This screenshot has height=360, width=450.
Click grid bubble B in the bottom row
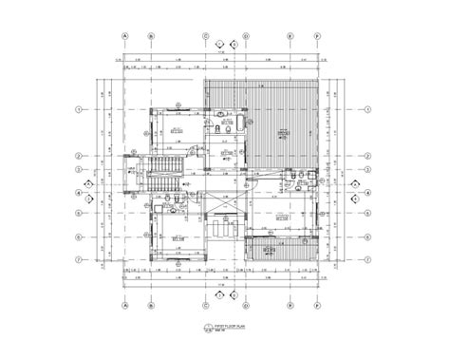pyautogui.click(x=151, y=306)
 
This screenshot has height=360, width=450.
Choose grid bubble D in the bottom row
pyautogui.click(x=245, y=306)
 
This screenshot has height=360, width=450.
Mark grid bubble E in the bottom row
pyautogui.click(x=289, y=306)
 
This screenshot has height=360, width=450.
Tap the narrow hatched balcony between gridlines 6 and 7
pyautogui.click(x=281, y=249)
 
